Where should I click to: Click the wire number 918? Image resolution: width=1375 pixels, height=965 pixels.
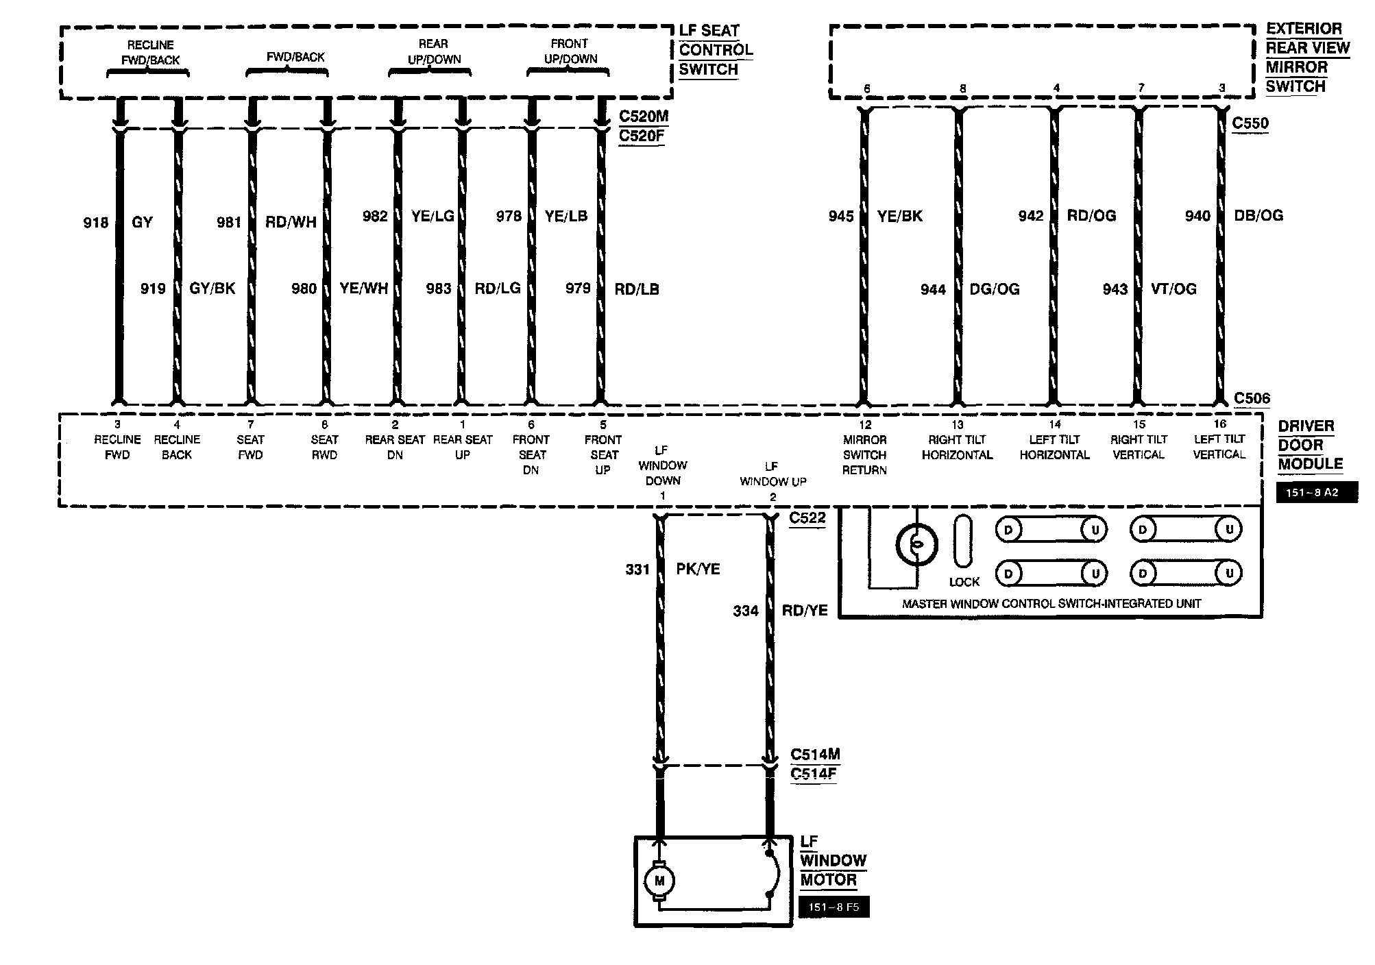click(x=96, y=223)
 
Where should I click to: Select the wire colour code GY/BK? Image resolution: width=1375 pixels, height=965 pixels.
click(x=212, y=289)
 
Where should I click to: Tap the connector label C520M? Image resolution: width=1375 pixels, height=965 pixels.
click(x=641, y=117)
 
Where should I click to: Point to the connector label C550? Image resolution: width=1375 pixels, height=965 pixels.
click(x=1250, y=123)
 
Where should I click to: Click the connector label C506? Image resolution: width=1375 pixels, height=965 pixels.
click(x=1252, y=398)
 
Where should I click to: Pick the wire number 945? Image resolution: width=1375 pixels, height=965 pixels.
click(x=841, y=217)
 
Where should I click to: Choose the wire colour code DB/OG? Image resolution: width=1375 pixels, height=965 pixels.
click(x=1258, y=215)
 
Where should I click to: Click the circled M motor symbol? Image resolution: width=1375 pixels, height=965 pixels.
click(x=659, y=881)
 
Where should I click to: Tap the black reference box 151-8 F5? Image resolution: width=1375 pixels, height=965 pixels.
click(x=834, y=907)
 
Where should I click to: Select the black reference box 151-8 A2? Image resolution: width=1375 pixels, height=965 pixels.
click(x=1317, y=492)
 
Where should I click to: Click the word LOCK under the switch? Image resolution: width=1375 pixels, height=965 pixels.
click(x=964, y=582)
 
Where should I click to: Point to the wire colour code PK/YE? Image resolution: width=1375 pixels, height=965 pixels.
click(x=698, y=569)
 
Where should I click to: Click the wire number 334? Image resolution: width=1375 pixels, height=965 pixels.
click(x=746, y=611)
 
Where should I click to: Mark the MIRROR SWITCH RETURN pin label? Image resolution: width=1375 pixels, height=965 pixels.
click(x=865, y=454)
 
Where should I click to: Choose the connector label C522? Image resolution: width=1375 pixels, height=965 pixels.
click(x=807, y=517)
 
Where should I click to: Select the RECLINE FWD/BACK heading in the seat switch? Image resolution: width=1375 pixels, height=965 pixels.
click(x=150, y=53)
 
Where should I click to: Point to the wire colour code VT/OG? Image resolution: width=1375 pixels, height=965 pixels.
click(x=1173, y=289)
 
